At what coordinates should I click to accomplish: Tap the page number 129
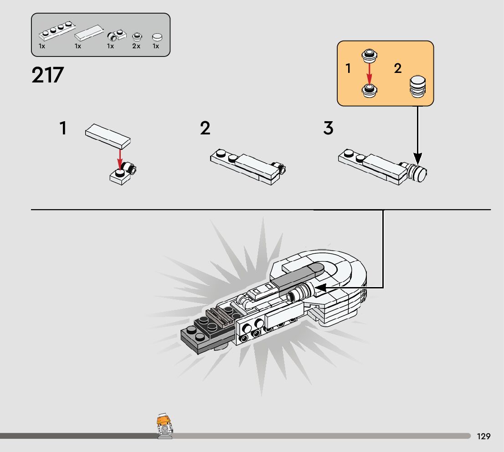[x=483, y=437]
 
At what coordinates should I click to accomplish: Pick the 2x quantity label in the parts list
[x=136, y=46]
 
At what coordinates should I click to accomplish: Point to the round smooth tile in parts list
[x=157, y=37]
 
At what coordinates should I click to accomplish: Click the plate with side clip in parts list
[x=118, y=35]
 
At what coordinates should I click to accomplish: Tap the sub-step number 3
[x=328, y=128]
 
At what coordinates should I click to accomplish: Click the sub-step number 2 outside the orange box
[x=205, y=128]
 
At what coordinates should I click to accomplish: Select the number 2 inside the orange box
[x=397, y=69]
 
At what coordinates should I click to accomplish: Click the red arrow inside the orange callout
[x=369, y=73]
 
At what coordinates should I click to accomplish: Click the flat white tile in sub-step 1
[x=108, y=136]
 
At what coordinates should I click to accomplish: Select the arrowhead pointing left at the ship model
[x=320, y=288]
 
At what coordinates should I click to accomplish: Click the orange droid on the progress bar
[x=164, y=426]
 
